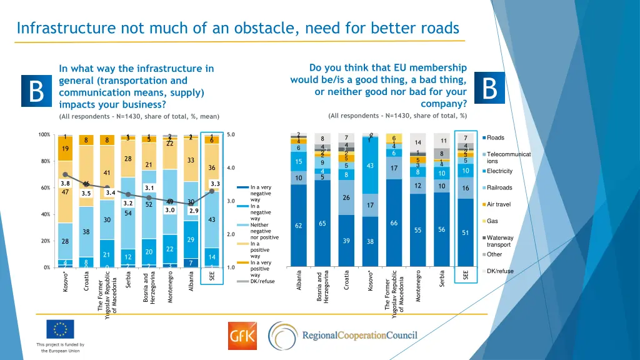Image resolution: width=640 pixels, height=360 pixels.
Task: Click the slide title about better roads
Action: click(237, 28)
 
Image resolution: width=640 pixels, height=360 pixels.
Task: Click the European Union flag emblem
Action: click(60, 329)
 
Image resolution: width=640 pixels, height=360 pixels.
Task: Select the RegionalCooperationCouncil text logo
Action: click(359, 336)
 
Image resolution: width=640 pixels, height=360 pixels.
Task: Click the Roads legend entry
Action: click(496, 137)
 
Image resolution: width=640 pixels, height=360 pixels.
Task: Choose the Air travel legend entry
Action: click(499, 204)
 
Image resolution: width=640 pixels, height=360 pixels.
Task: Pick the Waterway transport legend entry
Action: click(500, 241)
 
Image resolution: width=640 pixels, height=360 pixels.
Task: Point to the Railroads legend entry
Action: click(499, 187)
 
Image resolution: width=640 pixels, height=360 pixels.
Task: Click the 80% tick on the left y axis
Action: click(45, 161)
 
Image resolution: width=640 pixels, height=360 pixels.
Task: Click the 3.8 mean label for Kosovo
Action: click(65, 183)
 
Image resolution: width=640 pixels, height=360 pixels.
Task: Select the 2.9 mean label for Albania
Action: click(193, 211)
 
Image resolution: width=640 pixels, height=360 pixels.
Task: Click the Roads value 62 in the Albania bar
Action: click(299, 226)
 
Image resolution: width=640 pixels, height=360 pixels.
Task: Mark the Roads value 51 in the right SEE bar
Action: click(465, 232)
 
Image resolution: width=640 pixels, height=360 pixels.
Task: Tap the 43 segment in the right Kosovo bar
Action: click(370, 166)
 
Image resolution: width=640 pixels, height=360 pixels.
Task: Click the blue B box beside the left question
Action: click(37, 92)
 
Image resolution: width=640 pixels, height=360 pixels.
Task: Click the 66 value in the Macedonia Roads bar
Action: click(394, 223)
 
